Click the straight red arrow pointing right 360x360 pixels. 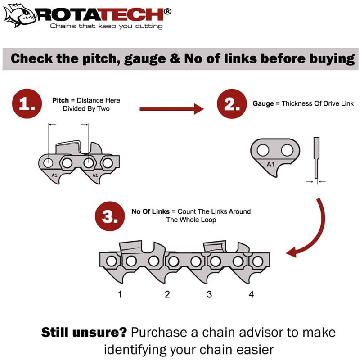coord(171,108)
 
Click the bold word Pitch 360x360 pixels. coord(60,100)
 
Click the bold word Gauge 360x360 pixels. coord(263,103)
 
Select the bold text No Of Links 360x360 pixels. coord(150,211)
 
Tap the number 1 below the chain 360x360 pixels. coord(120,295)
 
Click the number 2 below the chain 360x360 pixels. coord(167,295)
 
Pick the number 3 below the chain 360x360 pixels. coord(209,295)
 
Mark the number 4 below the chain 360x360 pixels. coord(251,295)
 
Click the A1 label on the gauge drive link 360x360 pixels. coord(271,165)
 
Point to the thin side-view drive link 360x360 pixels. coord(316,157)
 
